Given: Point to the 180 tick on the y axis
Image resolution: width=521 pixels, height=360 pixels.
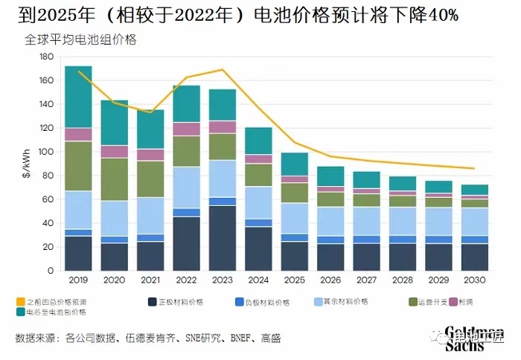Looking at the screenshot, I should tap(46, 57).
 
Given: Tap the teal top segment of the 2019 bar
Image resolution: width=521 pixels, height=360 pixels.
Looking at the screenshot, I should tap(78, 97).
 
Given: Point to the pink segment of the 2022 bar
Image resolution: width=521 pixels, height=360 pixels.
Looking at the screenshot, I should tap(187, 129).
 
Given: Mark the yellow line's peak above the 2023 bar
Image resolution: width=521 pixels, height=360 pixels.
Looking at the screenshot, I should tap(223, 70).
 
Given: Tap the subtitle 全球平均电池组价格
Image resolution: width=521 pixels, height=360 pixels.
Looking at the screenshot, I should tap(81, 39).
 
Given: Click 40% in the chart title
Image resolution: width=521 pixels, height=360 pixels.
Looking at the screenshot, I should tap(438, 15).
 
